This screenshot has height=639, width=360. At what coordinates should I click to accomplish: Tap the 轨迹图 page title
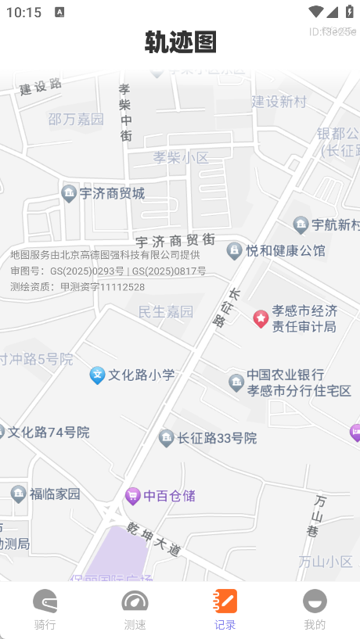click(x=180, y=42)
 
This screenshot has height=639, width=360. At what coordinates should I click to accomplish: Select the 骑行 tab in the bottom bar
click(x=45, y=610)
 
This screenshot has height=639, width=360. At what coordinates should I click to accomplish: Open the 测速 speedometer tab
click(x=135, y=610)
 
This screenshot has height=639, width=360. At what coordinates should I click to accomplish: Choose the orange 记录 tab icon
click(x=225, y=601)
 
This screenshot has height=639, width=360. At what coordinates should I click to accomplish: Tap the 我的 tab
click(x=315, y=610)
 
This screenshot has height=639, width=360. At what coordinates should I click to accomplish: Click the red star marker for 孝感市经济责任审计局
click(x=261, y=318)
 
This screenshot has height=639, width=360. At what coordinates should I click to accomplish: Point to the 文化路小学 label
click(x=141, y=375)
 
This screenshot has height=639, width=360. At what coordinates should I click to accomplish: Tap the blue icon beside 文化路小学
click(x=97, y=375)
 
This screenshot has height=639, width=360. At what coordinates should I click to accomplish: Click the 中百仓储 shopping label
click(x=169, y=496)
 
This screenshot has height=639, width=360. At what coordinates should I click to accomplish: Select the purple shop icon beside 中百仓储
click(x=133, y=496)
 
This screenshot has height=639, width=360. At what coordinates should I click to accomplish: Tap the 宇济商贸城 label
click(x=112, y=193)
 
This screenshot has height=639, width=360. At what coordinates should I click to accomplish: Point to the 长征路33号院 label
click(x=217, y=439)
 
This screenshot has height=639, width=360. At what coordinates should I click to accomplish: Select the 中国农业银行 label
click(x=285, y=375)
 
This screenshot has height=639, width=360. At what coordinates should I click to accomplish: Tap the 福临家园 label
click(x=55, y=494)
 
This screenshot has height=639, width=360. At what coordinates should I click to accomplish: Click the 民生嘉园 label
click(x=165, y=312)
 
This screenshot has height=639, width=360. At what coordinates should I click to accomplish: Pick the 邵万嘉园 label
click(x=76, y=119)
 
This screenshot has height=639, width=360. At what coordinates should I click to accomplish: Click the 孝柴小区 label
click(x=181, y=157)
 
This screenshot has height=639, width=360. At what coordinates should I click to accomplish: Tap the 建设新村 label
click(x=279, y=101)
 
